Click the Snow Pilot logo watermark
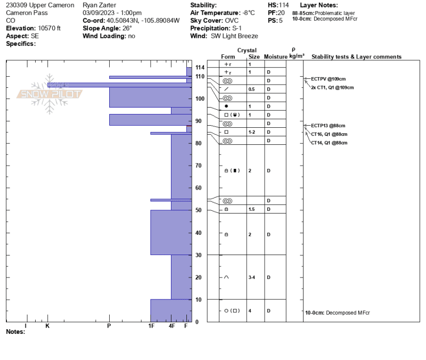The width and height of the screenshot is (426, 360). pyautogui.click(x=49, y=94)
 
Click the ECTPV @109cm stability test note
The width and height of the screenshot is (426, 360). pyautogui.click(x=328, y=79)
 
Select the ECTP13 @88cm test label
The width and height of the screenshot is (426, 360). pyautogui.click(x=328, y=126)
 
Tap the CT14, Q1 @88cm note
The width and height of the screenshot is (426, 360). pyautogui.click(x=329, y=143)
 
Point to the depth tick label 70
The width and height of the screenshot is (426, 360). pyautogui.click(x=198, y=166)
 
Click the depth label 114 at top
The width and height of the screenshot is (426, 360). pyautogui.click(x=200, y=68)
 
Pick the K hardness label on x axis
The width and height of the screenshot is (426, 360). pyautogui.click(x=47, y=326)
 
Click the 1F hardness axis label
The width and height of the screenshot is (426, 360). pyautogui.click(x=151, y=326)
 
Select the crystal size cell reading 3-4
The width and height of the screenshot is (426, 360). pyautogui.click(x=251, y=277)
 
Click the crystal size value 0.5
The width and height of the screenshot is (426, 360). pyautogui.click(x=251, y=89)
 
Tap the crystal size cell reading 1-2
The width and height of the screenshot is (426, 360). pyautogui.click(x=251, y=132)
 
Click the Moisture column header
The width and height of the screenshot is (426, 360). pyautogui.click(x=275, y=56)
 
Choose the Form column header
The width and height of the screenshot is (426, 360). pyautogui.click(x=228, y=56)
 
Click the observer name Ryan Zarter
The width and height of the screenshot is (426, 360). pyautogui.click(x=99, y=5)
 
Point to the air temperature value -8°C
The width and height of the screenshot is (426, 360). pyautogui.click(x=249, y=13)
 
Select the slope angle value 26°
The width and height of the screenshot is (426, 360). pyautogui.click(x=127, y=28)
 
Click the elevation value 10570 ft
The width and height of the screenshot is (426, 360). pyautogui.click(x=49, y=28)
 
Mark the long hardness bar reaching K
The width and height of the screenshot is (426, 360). pyautogui.click(x=119, y=85)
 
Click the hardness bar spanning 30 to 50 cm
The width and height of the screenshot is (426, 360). pyautogui.click(x=171, y=232)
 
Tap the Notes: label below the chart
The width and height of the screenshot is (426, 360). pyautogui.click(x=15, y=332)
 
